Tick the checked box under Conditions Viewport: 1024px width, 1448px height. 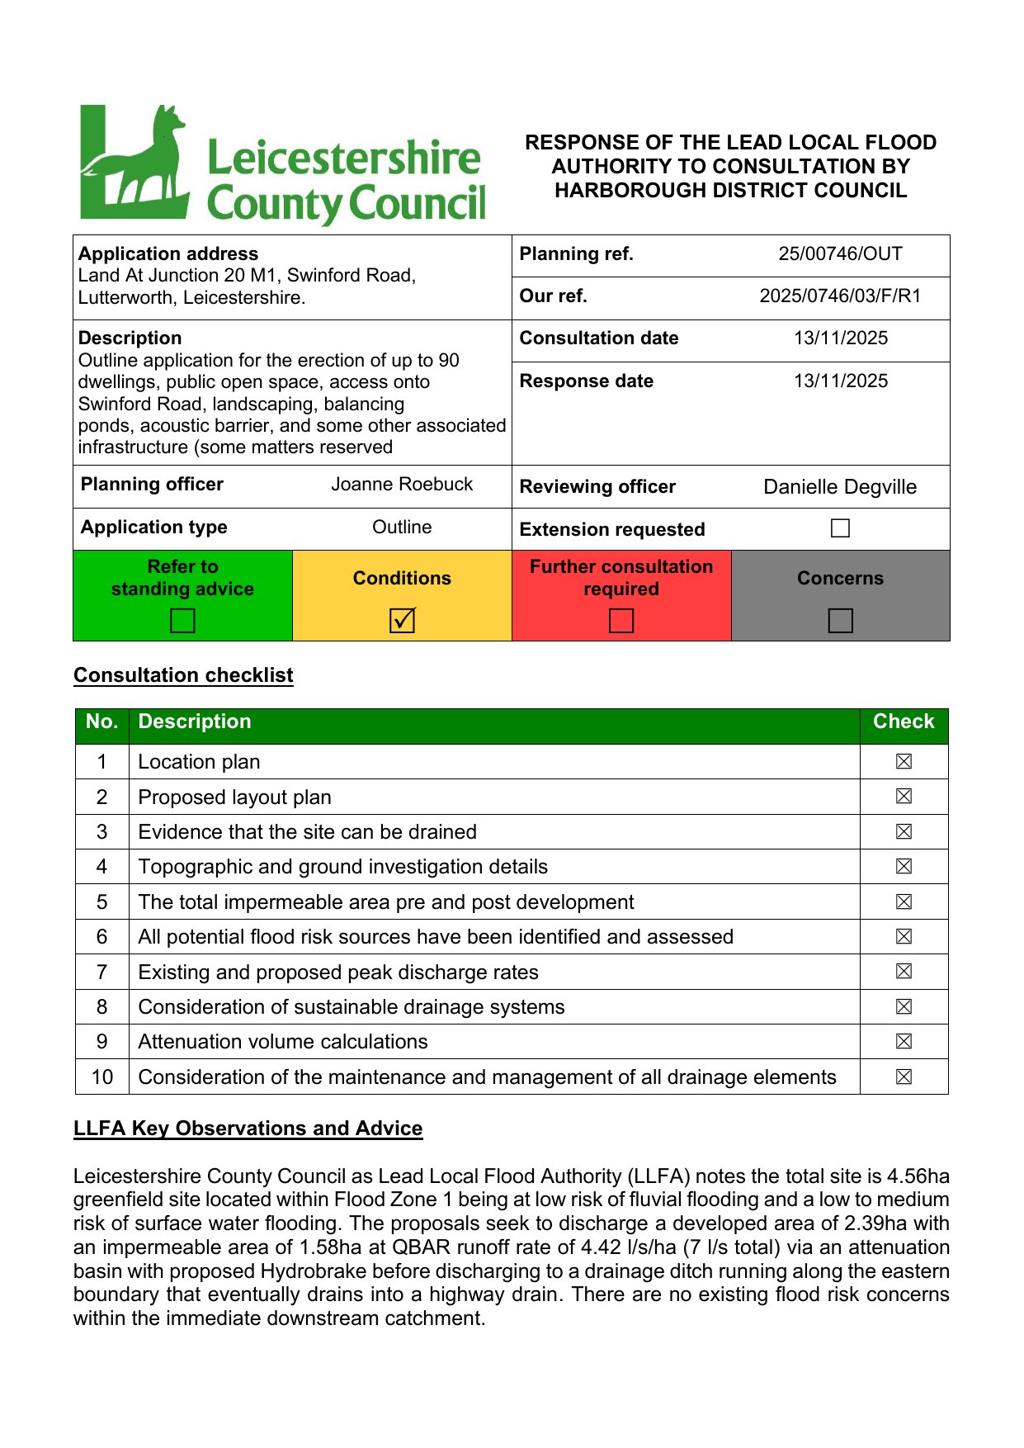click(402, 620)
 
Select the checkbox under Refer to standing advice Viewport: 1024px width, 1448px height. click(182, 620)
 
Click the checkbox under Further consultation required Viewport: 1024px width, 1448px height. click(621, 620)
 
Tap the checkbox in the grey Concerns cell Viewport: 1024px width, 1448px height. click(840, 620)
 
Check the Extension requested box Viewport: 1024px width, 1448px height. click(840, 528)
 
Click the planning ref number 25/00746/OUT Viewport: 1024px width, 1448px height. click(840, 254)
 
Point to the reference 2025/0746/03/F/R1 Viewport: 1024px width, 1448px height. click(840, 296)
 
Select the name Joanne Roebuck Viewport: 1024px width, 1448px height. click(402, 485)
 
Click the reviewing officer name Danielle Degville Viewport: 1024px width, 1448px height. click(840, 487)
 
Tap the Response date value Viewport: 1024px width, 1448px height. click(840, 381)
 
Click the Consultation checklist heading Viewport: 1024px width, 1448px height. click(183, 675)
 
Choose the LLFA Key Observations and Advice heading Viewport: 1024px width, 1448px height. click(248, 1129)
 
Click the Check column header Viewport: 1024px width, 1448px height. click(904, 722)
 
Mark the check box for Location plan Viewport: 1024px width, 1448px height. click(904, 762)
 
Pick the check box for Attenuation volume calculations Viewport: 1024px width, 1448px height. click(904, 1042)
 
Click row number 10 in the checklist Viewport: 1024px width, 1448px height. click(102, 1077)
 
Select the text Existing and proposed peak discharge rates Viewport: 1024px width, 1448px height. click(338, 972)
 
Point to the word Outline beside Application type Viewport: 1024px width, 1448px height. click(402, 528)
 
